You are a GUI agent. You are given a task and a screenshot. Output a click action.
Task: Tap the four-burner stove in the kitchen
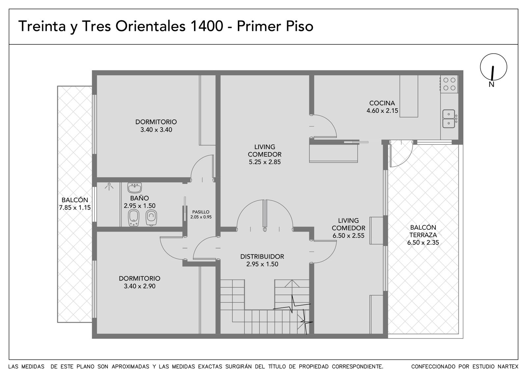point(449,84)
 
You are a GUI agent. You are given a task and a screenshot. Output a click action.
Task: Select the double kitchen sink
point(449,119)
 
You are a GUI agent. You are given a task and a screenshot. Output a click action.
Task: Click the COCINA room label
point(382,103)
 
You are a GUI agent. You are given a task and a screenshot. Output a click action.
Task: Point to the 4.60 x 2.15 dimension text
point(382,111)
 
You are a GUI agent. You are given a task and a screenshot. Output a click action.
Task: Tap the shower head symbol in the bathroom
point(109,186)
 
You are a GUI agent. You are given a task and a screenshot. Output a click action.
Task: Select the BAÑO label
point(140,198)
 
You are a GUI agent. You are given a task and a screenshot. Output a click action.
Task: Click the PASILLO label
point(201,212)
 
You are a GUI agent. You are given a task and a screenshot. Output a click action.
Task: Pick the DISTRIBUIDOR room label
point(262,256)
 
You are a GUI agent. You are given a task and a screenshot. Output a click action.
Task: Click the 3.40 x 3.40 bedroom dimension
point(156,130)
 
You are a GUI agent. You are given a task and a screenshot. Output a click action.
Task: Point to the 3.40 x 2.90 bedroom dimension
point(140,286)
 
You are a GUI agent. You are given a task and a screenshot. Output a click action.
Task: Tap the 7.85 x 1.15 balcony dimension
point(75,208)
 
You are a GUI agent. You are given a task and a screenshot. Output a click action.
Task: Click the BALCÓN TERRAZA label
point(423,231)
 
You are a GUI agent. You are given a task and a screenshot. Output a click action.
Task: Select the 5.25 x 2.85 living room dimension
point(265,162)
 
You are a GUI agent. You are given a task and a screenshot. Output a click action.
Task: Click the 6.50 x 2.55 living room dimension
point(348,236)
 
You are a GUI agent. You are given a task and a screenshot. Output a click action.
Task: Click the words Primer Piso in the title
point(275,26)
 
